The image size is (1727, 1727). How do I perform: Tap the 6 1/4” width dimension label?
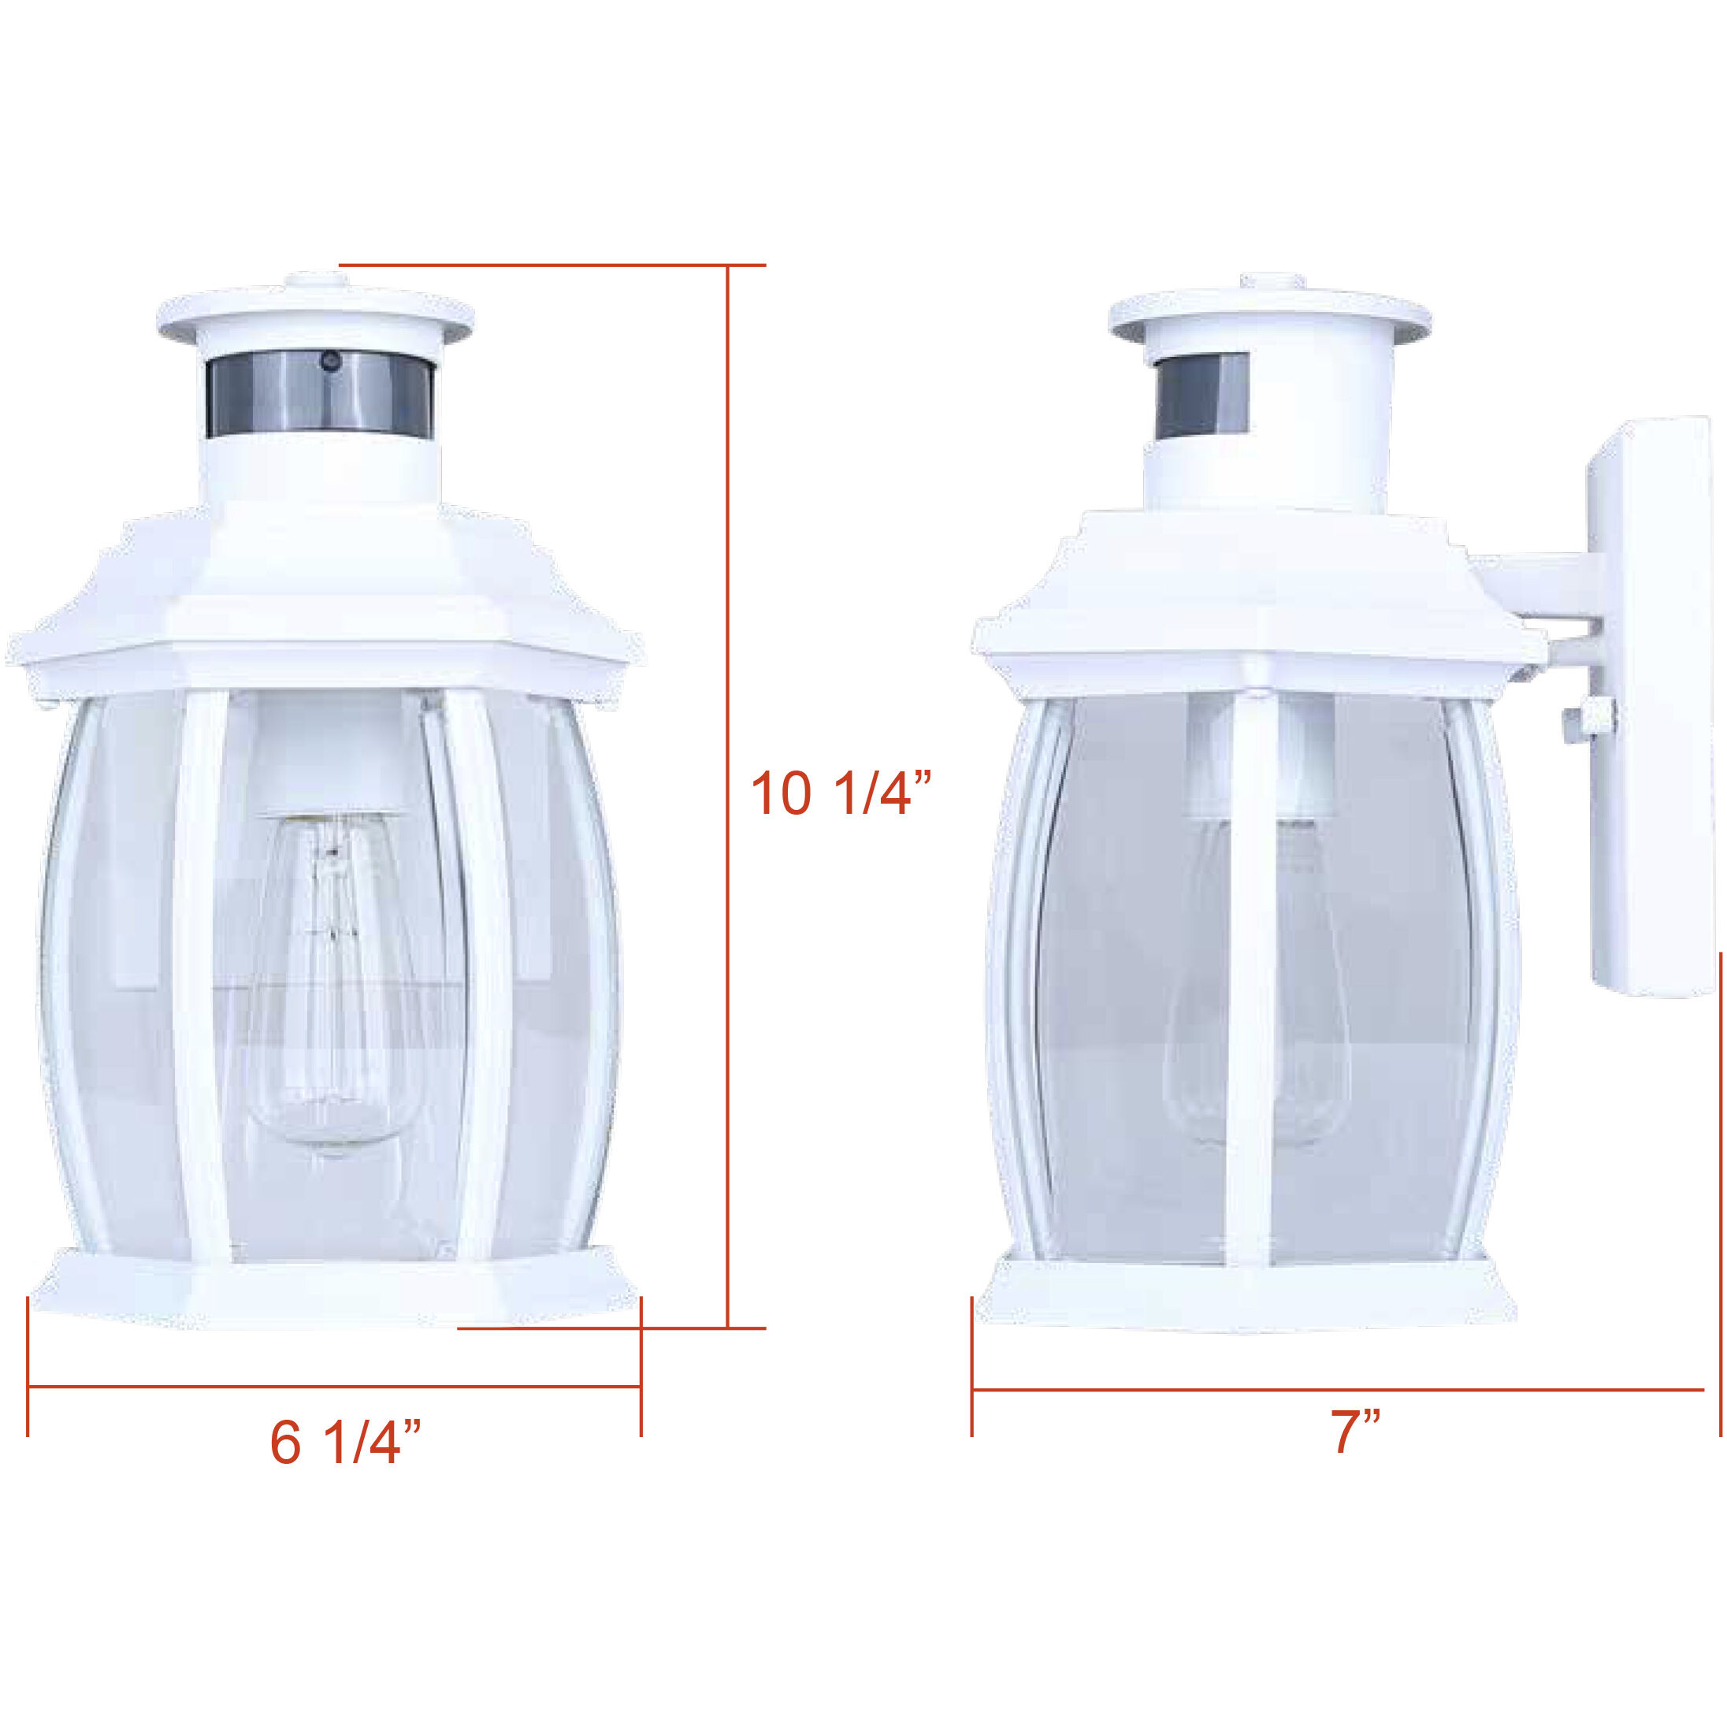click(x=345, y=1442)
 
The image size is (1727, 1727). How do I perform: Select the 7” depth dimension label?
click(x=1356, y=1431)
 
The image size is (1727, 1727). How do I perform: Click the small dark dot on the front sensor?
click(x=331, y=362)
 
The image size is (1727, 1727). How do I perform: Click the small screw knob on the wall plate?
click(x=1581, y=720)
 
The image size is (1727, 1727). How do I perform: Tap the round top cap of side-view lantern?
click(x=1269, y=314)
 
